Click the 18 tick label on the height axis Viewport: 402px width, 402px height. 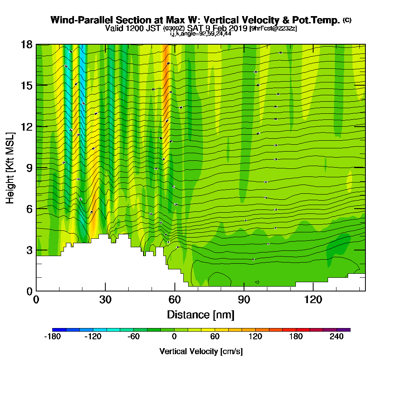click(27, 44)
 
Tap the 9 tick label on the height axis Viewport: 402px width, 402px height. click(29, 168)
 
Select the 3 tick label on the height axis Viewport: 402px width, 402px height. click(29, 250)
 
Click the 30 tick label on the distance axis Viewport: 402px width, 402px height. click(105, 299)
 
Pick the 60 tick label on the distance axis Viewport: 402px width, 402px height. click(174, 299)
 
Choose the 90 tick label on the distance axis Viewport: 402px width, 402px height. click(244, 299)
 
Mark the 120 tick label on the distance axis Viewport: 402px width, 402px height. click(313, 299)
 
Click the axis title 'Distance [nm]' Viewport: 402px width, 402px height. click(201, 314)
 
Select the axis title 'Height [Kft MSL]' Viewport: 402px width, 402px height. click(10, 167)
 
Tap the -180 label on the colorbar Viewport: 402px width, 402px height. click(52, 337)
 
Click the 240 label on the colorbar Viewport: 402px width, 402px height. click(337, 337)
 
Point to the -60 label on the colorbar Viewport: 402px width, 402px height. click(133, 337)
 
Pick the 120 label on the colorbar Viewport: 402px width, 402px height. click(255, 337)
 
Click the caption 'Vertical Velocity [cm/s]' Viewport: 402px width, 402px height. click(201, 351)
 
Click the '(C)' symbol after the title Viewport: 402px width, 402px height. click(347, 20)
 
